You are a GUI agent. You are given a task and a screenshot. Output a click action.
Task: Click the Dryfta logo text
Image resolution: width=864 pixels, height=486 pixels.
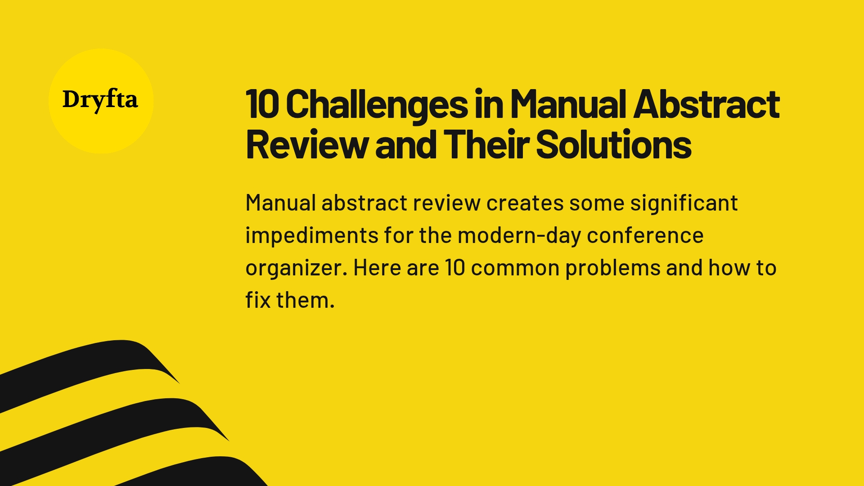(x=100, y=100)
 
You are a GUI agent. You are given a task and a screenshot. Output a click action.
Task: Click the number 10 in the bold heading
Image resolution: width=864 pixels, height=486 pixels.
(x=262, y=104)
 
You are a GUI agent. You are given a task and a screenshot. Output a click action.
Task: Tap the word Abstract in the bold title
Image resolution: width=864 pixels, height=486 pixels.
(x=706, y=104)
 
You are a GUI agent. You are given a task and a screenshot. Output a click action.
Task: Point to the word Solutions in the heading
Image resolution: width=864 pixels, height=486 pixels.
(x=614, y=145)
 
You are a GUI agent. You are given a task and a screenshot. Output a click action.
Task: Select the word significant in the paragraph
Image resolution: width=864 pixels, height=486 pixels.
(x=684, y=203)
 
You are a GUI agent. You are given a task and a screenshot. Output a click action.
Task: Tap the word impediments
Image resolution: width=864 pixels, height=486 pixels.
(x=312, y=236)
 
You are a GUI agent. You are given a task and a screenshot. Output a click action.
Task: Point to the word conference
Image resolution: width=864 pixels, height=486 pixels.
(x=645, y=236)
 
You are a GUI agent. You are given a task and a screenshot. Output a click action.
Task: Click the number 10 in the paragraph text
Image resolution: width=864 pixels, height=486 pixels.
(x=454, y=268)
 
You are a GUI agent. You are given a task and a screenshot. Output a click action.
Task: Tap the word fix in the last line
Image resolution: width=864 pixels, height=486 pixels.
(x=258, y=300)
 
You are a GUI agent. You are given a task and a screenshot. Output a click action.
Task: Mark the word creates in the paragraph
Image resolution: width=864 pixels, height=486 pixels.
(x=525, y=203)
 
